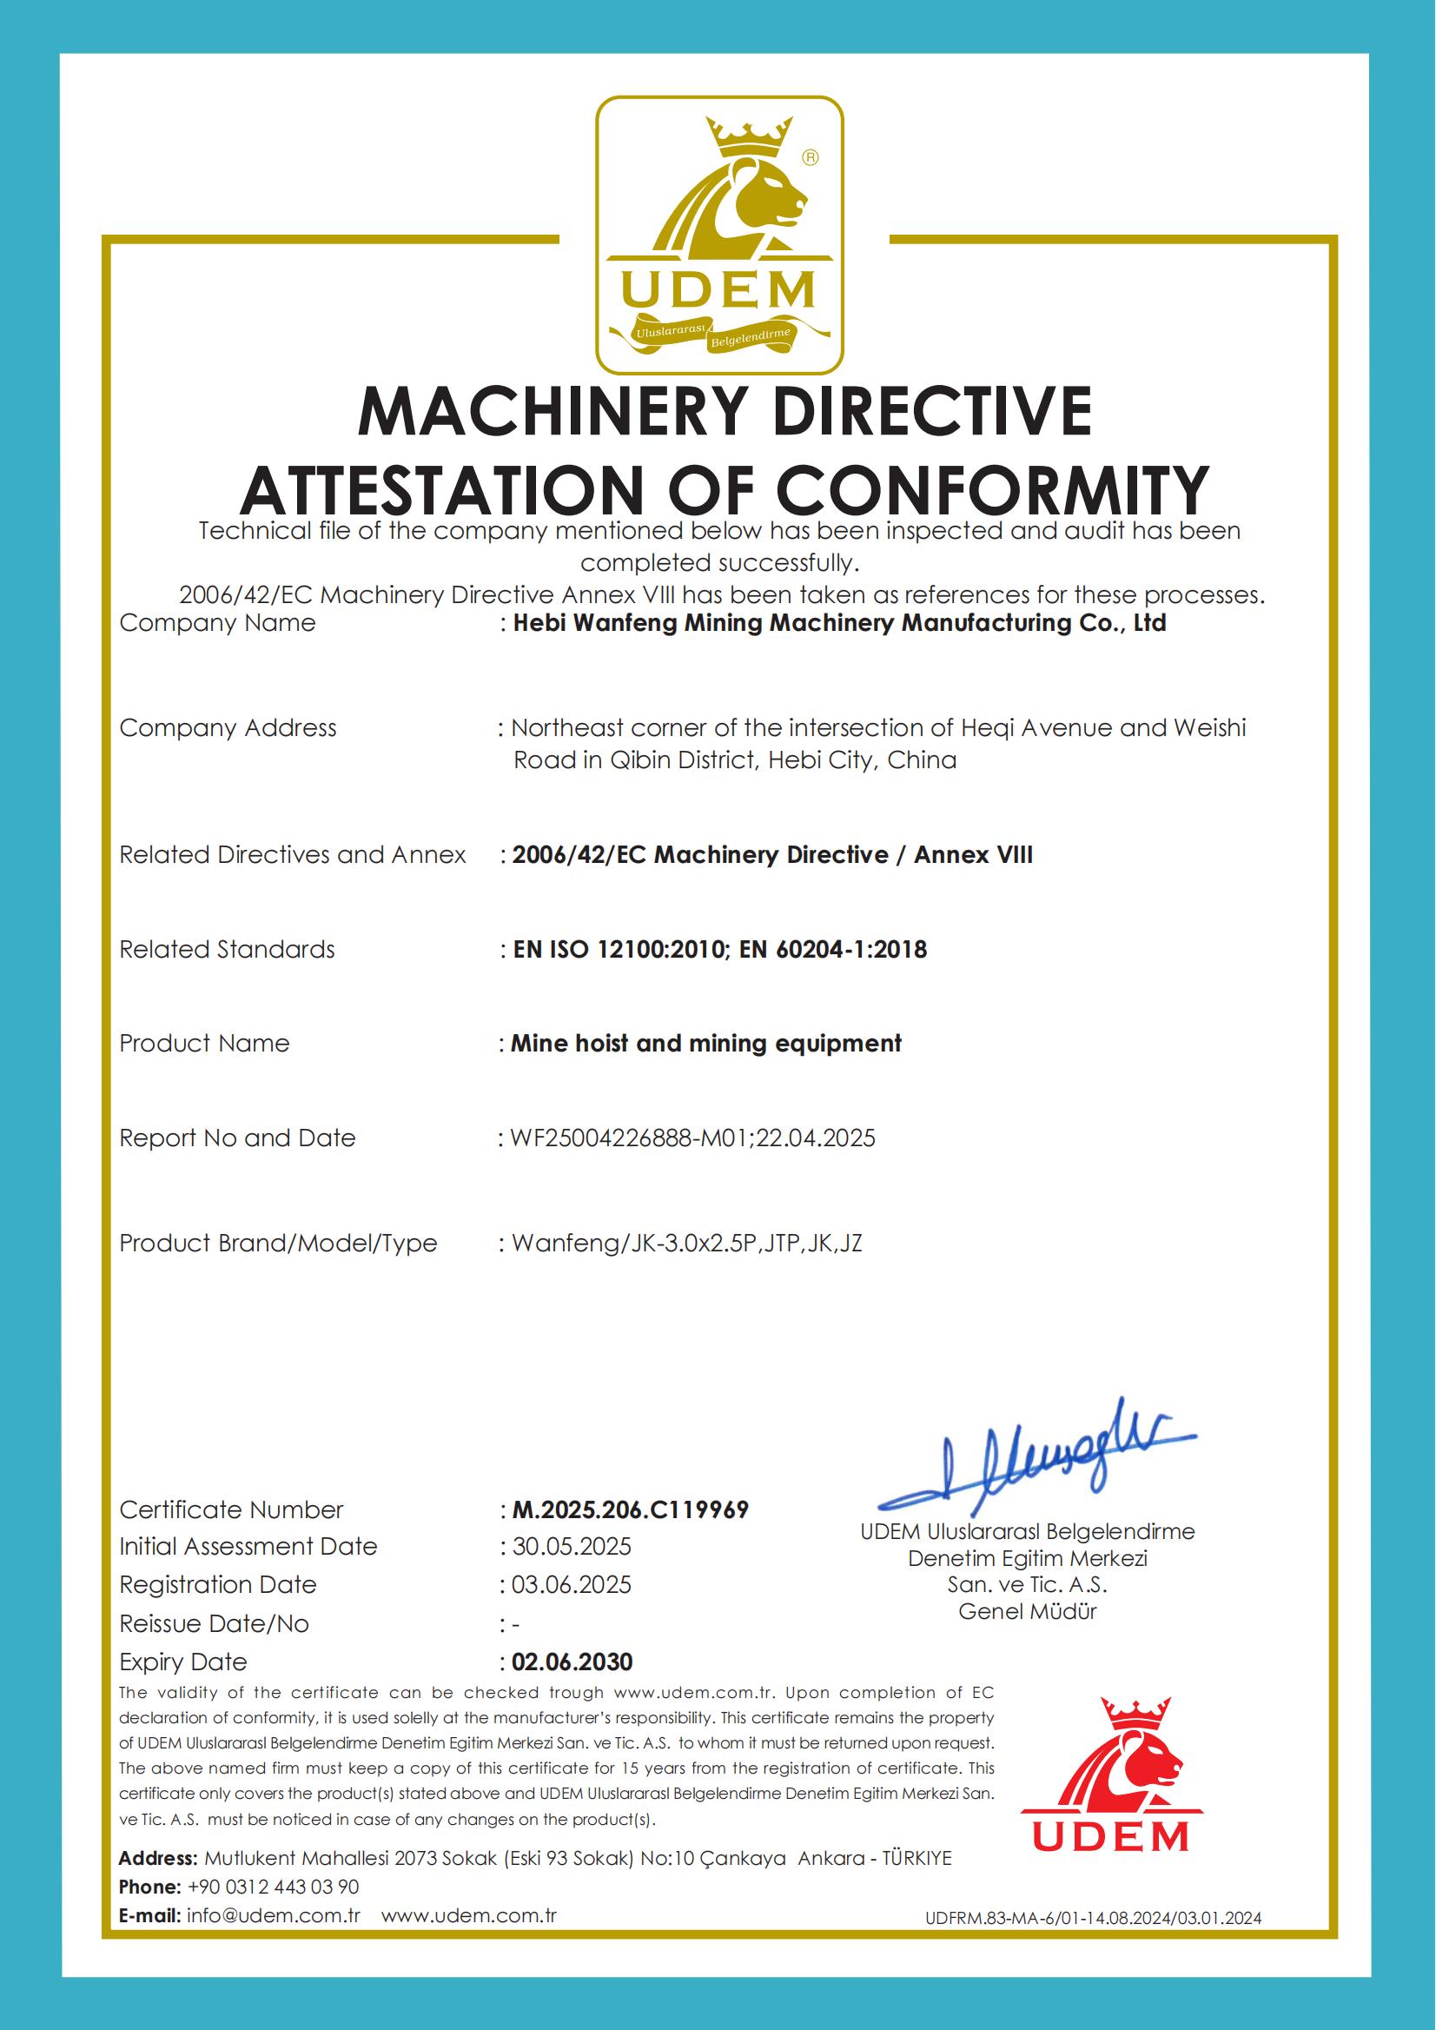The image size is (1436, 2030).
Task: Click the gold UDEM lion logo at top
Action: [x=718, y=235]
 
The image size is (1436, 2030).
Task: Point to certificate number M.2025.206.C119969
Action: [x=630, y=1509]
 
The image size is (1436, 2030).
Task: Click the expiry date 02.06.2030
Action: [x=572, y=1662]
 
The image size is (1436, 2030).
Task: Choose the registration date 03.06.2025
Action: [x=572, y=1584]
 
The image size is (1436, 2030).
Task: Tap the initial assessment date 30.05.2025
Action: [x=572, y=1546]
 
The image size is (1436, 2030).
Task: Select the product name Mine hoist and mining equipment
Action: [x=705, y=1043]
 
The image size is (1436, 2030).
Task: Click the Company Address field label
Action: [x=228, y=728]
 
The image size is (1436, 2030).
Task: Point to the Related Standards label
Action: [x=228, y=949]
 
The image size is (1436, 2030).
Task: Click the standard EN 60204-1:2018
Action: [x=832, y=949]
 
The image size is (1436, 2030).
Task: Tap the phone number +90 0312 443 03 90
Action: [x=273, y=1887]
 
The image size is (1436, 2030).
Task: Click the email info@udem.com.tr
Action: [x=274, y=1916]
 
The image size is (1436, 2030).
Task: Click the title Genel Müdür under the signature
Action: [x=1027, y=1612]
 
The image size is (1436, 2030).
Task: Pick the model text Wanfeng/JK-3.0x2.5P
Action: [x=633, y=1243]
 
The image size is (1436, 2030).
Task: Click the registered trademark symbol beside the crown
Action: [x=810, y=157]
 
